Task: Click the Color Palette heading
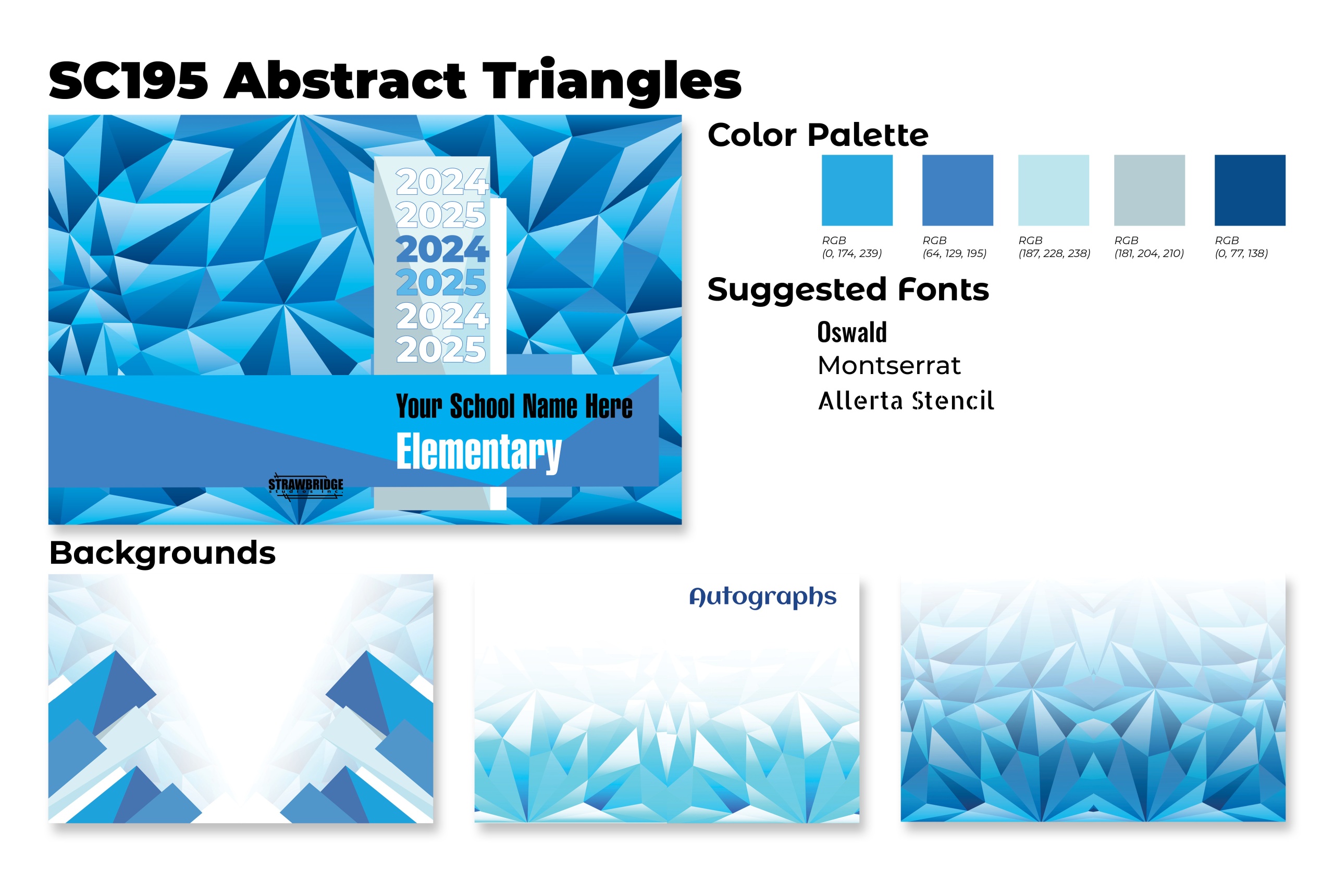point(818,135)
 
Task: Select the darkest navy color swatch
point(1250,191)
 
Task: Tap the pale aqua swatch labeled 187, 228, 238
point(1054,191)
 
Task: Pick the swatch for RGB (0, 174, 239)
point(857,191)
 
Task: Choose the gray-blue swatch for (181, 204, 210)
point(1150,191)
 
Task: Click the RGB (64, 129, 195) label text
point(955,246)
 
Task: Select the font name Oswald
point(852,332)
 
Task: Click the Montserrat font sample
point(889,366)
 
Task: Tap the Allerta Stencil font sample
point(906,401)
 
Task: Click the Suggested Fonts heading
point(848,290)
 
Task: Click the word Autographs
point(763,597)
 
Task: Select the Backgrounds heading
point(163,553)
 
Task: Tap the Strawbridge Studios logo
point(305,485)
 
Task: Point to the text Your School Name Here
point(514,406)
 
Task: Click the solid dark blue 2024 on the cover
point(442,250)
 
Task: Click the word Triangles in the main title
point(612,81)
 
